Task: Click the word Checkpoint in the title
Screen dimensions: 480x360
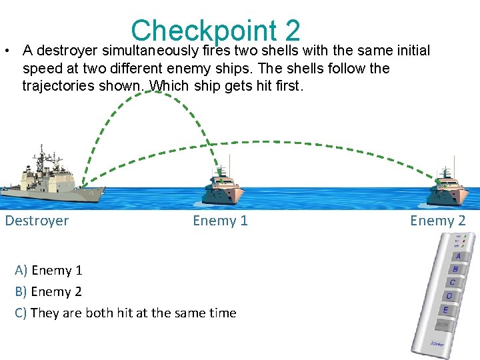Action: point(203,31)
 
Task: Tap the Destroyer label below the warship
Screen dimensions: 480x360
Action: point(37,221)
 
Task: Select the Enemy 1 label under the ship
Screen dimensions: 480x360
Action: point(220,221)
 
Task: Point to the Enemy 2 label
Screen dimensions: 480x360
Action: point(437,221)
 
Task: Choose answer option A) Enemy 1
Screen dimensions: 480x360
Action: point(49,271)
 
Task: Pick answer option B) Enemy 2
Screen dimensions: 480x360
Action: point(49,292)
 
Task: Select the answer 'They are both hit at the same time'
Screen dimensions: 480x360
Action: point(125,313)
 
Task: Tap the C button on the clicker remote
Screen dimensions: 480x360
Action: point(453,283)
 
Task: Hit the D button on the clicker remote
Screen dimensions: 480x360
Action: point(450,296)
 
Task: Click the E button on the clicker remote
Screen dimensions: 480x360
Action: point(445,310)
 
